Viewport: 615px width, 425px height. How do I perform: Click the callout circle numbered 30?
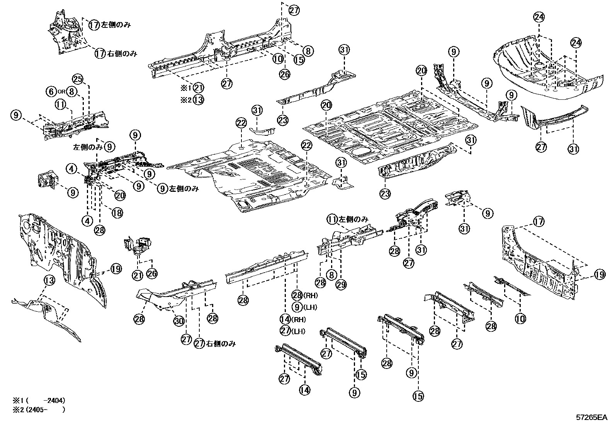[178, 320]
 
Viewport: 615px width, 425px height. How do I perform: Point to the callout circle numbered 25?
[78, 80]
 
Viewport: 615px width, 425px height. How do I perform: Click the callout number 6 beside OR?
[51, 92]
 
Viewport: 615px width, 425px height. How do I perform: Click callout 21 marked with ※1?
[199, 88]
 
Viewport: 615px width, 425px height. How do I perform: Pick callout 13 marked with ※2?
[199, 100]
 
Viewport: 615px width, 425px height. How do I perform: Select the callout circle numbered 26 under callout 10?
[285, 74]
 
